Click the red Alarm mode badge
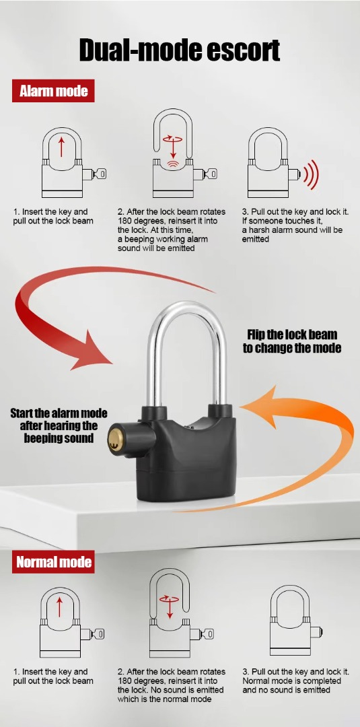coord(53,91)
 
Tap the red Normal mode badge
coord(53,562)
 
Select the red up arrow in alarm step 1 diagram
coord(61,147)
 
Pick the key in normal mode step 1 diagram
coord(98,634)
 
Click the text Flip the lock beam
coord(292,335)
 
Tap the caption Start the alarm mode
coord(59,413)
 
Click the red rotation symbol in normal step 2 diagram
coord(169,599)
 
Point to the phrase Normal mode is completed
coord(291,681)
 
